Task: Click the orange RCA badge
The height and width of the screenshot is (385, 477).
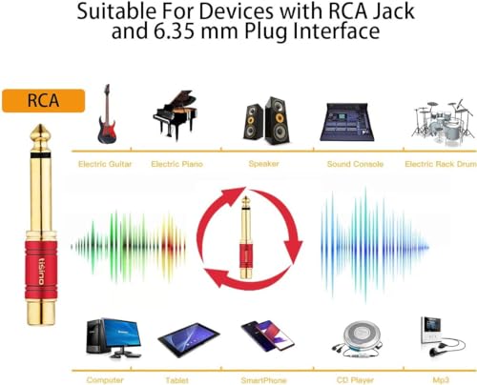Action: [x=44, y=101]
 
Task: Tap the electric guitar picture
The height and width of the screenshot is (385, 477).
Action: [x=107, y=113]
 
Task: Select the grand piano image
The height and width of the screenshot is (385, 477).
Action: [x=176, y=115]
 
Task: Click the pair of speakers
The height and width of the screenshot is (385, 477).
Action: [x=266, y=121]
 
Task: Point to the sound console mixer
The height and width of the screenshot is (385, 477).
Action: [x=346, y=122]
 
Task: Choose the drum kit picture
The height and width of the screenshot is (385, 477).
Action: [x=444, y=121]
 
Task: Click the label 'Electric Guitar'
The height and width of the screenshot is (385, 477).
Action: [x=105, y=164]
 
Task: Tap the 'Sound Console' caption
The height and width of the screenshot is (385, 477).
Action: [x=355, y=164]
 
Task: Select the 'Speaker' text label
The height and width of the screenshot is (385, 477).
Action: [x=263, y=164]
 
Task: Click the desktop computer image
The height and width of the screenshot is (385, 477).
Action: [x=114, y=337]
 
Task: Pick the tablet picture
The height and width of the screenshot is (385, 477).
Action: [x=189, y=339]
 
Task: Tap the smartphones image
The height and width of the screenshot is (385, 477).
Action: [x=267, y=335]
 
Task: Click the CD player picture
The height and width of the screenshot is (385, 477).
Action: [x=357, y=339]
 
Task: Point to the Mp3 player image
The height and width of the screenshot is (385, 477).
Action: [x=442, y=336]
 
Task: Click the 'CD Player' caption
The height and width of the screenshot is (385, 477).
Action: [x=355, y=380]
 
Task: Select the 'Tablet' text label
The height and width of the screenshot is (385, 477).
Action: [x=176, y=380]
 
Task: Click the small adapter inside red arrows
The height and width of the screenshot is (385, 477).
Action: [x=245, y=237]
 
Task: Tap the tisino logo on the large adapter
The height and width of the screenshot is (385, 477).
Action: [x=41, y=272]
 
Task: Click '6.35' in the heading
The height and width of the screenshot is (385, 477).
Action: [x=174, y=30]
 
